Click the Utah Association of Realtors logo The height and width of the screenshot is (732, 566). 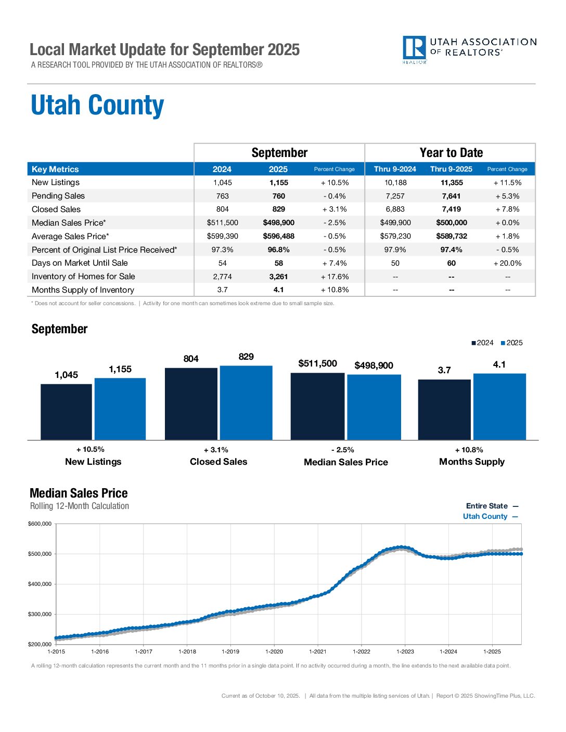[469, 49]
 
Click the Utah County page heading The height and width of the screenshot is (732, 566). [97, 106]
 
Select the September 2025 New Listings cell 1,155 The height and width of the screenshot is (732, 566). [278, 183]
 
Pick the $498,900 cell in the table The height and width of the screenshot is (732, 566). [278, 223]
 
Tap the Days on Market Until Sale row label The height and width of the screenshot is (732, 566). [80, 263]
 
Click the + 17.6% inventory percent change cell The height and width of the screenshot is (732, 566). [335, 277]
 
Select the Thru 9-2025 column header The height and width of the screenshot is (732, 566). [451, 169]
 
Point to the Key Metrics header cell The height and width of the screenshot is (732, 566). [55, 169]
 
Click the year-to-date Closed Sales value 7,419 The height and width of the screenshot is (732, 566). [451, 210]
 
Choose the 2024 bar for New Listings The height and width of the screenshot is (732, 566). [66, 412]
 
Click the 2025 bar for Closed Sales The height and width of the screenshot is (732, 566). [246, 403]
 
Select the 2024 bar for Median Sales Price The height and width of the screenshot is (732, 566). [317, 406]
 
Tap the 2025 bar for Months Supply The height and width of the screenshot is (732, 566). [499, 407]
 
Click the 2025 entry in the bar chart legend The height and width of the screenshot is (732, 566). [511, 343]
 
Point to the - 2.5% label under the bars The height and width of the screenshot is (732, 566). [342, 450]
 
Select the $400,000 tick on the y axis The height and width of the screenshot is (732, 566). [40, 584]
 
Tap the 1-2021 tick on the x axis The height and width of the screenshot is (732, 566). [318, 651]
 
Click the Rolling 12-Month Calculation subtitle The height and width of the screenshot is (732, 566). [80, 506]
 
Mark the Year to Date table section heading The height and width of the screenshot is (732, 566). [451, 153]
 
